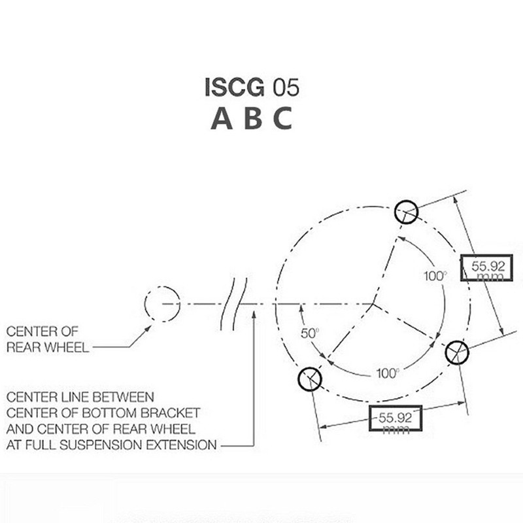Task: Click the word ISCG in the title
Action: [230, 88]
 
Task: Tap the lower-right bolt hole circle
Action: [457, 352]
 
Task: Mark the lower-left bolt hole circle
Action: [309, 377]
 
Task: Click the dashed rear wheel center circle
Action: [160, 305]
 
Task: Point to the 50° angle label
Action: [309, 333]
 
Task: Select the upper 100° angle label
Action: [435, 276]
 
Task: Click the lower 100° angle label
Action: [388, 373]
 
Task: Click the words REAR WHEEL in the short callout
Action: [48, 347]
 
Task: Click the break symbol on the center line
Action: [237, 304]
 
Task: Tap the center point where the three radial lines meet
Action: [372, 305]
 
